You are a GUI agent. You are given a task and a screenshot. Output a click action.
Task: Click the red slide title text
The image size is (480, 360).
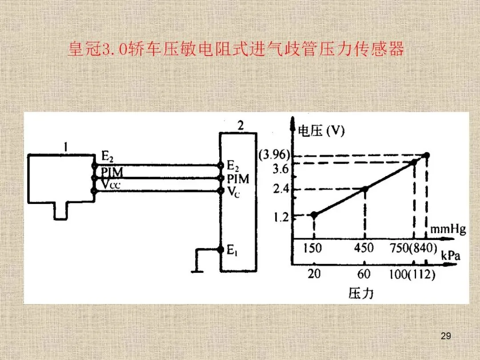coord(236,49)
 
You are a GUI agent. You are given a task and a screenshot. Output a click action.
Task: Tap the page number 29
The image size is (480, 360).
coord(446,336)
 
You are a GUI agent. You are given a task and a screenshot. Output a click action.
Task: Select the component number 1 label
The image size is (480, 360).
coord(65,146)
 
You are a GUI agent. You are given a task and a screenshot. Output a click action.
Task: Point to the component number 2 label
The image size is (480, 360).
coord(240,125)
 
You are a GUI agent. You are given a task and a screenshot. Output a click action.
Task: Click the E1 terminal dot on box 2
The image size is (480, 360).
coord(220,249)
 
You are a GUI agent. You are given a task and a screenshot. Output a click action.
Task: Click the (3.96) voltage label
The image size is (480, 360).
coord(274,155)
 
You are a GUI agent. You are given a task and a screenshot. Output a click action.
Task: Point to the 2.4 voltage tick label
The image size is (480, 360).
coord(281,189)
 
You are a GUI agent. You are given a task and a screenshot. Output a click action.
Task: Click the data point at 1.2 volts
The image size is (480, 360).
coord(314,215)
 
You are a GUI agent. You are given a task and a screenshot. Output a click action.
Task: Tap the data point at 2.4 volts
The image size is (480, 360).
coord(365,189)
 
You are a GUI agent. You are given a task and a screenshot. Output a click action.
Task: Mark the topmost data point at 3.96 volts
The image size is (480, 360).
coord(427,155)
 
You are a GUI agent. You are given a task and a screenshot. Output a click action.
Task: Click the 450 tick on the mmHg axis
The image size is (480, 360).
coord(364,248)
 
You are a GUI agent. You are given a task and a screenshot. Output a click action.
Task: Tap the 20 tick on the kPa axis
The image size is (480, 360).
coord(314,274)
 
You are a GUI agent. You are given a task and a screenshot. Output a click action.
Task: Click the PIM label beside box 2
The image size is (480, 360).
coord(238,179)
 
